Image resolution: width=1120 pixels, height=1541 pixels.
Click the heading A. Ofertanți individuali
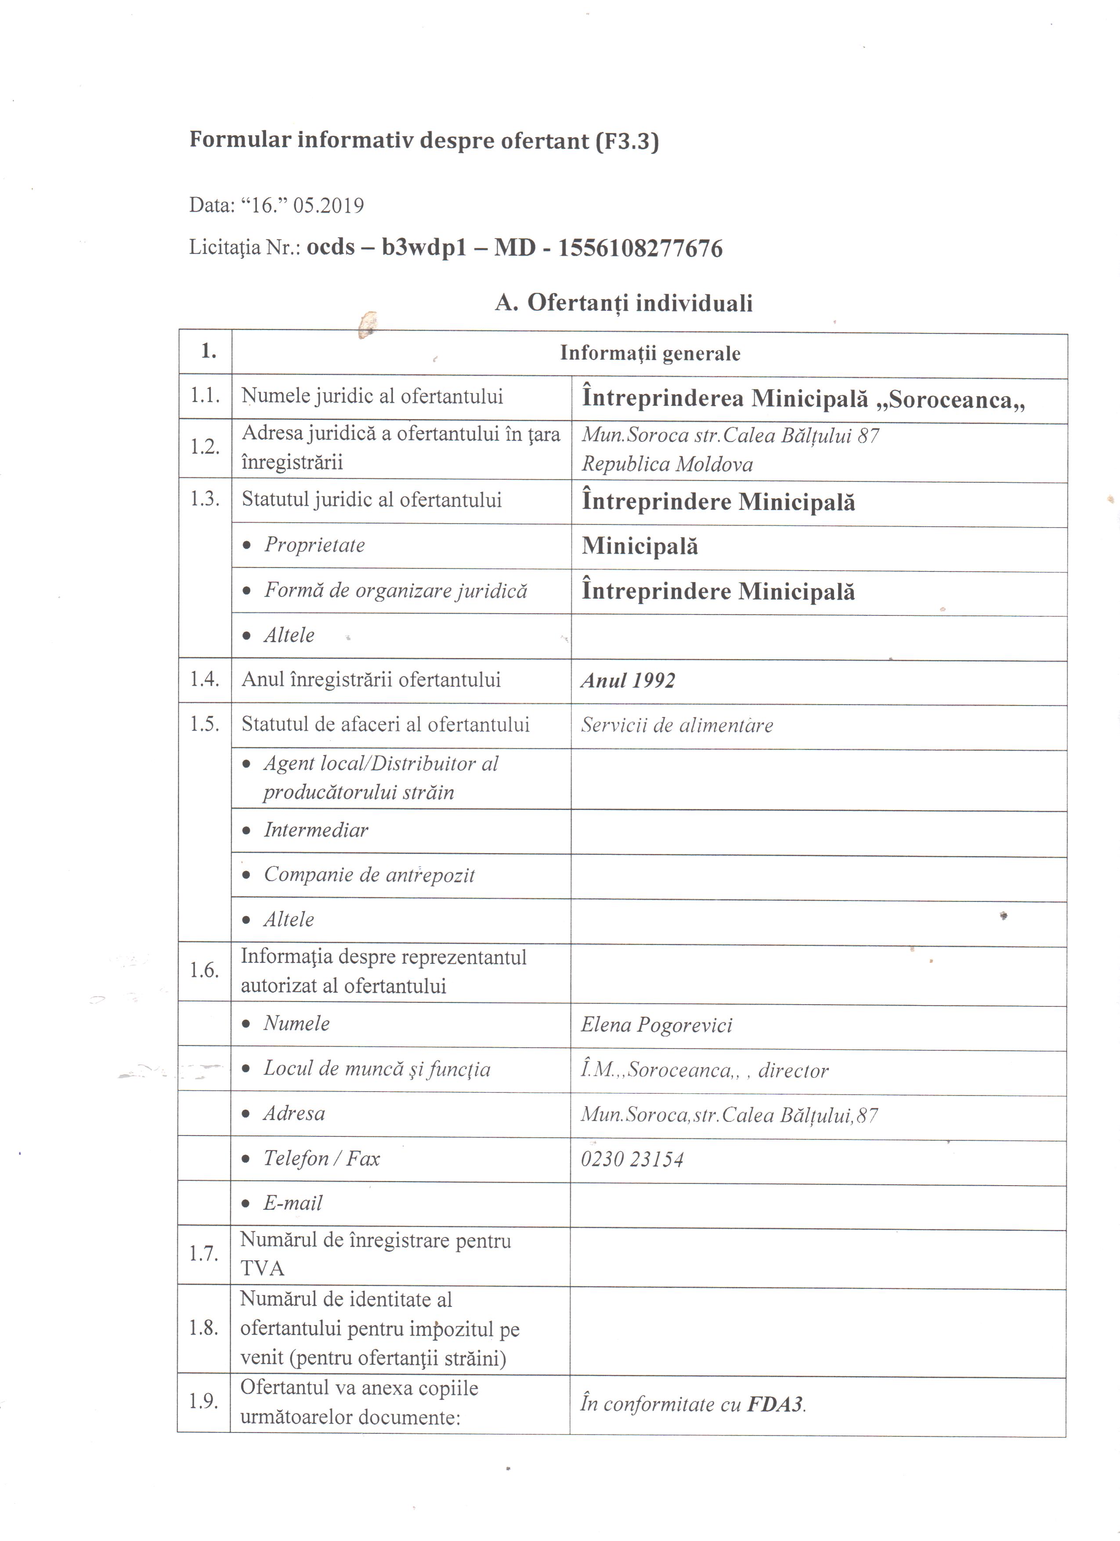coord(624,302)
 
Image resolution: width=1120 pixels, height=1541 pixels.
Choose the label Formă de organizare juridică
coord(395,590)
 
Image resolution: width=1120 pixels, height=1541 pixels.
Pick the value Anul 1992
coord(628,681)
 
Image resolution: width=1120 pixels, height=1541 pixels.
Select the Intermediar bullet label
coord(316,830)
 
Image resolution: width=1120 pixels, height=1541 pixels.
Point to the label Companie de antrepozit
coord(369,875)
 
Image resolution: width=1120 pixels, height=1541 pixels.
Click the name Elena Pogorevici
coord(656,1024)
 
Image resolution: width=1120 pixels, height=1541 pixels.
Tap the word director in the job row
coord(793,1071)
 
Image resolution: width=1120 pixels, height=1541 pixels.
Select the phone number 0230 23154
coord(632,1158)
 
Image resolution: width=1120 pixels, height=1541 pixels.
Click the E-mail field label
coord(293,1203)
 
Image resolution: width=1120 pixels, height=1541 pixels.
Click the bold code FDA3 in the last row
coord(775,1404)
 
